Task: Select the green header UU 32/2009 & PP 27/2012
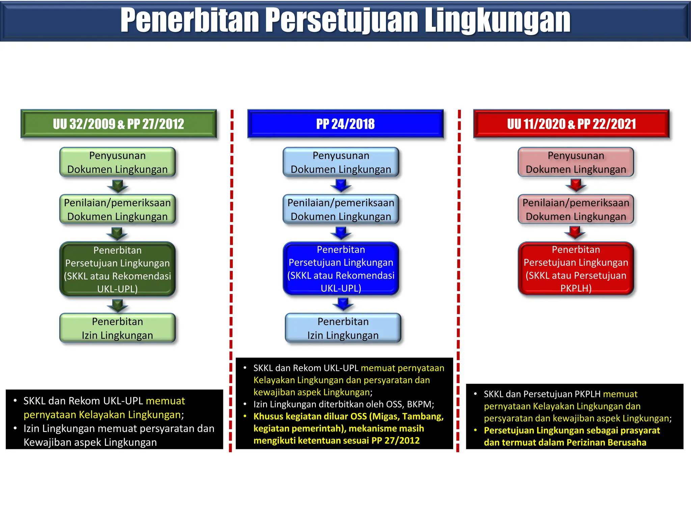point(118,124)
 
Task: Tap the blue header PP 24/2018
point(345,124)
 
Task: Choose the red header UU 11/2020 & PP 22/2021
point(571,124)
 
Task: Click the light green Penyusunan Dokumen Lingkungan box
point(117,162)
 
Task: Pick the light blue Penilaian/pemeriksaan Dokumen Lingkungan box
point(341,209)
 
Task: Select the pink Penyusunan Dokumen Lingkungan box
point(576,162)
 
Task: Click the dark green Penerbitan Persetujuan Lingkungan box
point(117,269)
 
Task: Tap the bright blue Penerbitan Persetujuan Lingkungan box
point(341,269)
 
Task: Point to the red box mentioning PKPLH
point(576,269)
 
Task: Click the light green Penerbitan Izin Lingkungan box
point(117,328)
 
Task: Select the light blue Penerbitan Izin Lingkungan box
point(343,328)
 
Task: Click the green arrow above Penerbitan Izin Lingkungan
point(117,306)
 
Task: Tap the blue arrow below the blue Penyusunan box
point(341,185)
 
